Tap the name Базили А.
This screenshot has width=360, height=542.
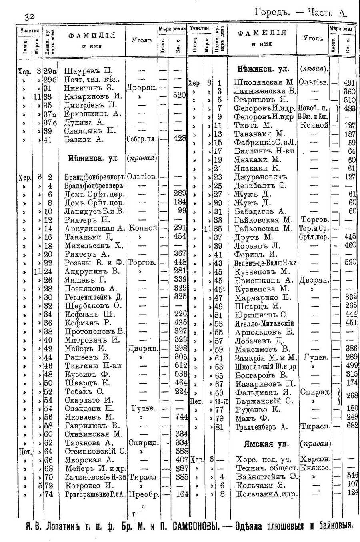pos(84,139)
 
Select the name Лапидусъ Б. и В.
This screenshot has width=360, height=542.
pos(94,211)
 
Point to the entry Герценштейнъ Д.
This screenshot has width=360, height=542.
pos(93,297)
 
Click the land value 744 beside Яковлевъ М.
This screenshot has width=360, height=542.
pos(181,417)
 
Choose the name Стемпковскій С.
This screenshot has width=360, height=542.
pos(95,451)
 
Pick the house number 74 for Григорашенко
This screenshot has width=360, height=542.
pos(48,494)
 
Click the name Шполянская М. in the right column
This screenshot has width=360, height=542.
pos(264,83)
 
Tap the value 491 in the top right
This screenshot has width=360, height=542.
pos(349,83)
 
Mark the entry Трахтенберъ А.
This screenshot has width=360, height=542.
pos(262,426)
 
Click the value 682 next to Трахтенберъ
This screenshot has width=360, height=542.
pos(352,426)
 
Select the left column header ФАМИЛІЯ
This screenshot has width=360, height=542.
pos(92,35)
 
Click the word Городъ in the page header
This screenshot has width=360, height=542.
pos(272,12)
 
